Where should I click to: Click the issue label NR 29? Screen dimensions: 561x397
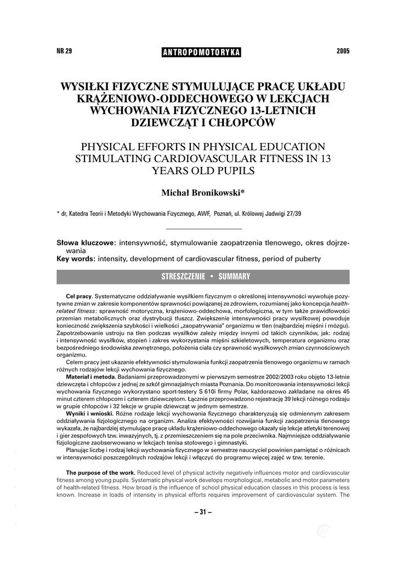click(64, 51)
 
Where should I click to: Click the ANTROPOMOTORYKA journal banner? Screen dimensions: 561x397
click(202, 52)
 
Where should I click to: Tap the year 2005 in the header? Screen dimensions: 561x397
click(343, 51)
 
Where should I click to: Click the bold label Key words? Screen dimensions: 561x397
click(76, 259)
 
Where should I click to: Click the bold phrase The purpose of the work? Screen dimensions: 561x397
click(100, 472)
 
